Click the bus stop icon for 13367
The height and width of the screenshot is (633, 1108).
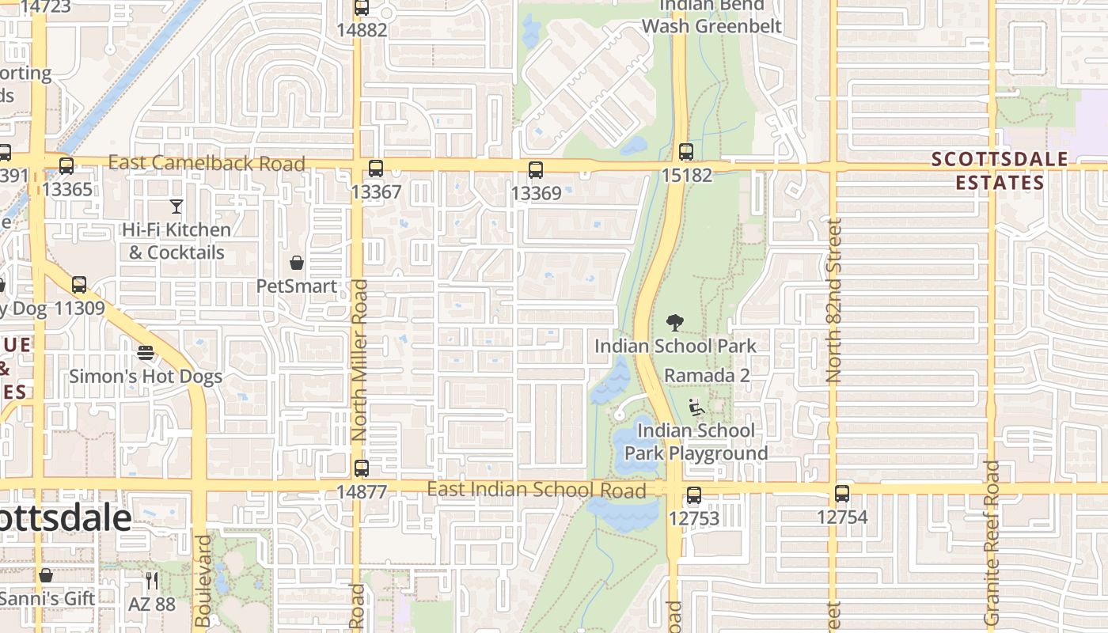376,169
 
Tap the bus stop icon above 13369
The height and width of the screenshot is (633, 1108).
536,169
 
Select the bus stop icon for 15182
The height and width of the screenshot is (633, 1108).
686,152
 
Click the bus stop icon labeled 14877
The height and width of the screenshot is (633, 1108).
362,468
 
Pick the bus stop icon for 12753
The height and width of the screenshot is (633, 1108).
694,495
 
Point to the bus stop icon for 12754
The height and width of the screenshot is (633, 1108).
842,494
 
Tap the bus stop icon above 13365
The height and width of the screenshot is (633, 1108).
66,166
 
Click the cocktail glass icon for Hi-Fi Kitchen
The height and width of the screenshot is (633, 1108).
176,207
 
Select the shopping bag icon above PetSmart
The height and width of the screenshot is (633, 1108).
297,263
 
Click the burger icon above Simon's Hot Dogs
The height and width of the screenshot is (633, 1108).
146,352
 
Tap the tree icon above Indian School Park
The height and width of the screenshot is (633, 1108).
675,322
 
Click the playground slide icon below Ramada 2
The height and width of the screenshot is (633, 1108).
696,407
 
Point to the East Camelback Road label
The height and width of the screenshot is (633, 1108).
207,164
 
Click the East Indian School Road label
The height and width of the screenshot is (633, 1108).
537,490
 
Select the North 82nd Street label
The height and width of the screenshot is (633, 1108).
833,301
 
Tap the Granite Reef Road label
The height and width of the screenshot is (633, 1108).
992,543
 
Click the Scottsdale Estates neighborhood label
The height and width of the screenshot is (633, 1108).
1000,171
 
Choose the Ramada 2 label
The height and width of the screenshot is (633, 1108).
707,375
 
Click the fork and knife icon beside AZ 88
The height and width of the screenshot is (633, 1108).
152,581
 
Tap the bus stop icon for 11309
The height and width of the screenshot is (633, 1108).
79,285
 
